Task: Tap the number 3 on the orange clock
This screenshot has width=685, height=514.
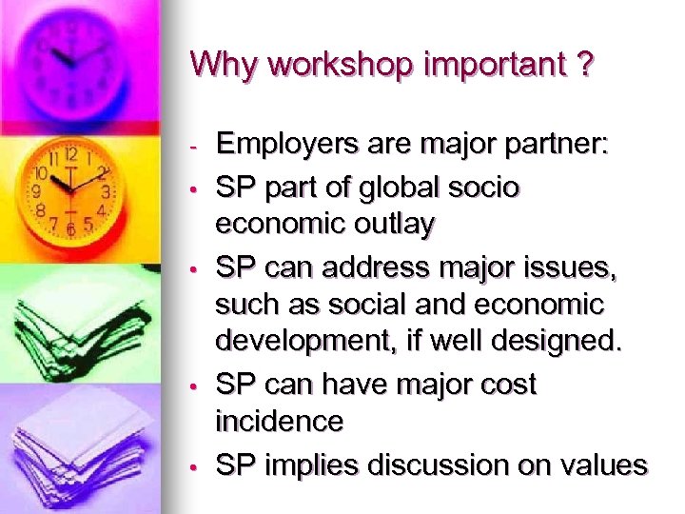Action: click(x=107, y=192)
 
